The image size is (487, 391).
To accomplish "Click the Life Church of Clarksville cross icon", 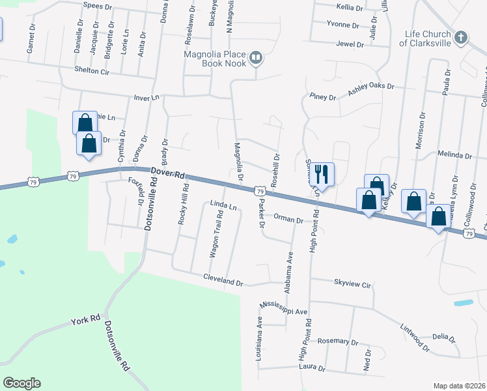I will point(460,37).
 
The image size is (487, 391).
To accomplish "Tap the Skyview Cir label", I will point(352,285).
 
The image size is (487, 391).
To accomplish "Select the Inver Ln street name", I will point(146,97).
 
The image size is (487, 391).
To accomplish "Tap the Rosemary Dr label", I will point(338,341).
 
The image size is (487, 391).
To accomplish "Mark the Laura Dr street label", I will point(311,368).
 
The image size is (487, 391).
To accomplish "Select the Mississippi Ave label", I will point(283,308).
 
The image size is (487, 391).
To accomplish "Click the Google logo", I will point(21,383).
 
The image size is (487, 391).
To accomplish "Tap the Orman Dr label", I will point(288,220).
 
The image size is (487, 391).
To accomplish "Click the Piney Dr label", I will point(323,97).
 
